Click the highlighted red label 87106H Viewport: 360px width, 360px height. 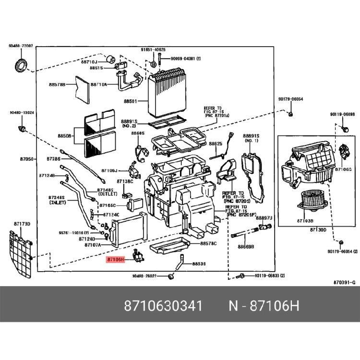click(115, 259)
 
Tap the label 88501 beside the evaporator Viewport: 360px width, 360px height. click(130, 102)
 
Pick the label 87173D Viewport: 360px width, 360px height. click(22, 224)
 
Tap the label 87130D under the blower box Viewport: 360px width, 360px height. click(317, 230)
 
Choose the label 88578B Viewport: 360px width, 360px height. click(57, 85)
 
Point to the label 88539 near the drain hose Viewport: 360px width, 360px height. click(199, 264)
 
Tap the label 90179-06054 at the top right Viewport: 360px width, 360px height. click(291, 99)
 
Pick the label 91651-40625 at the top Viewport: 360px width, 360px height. click(153, 49)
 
